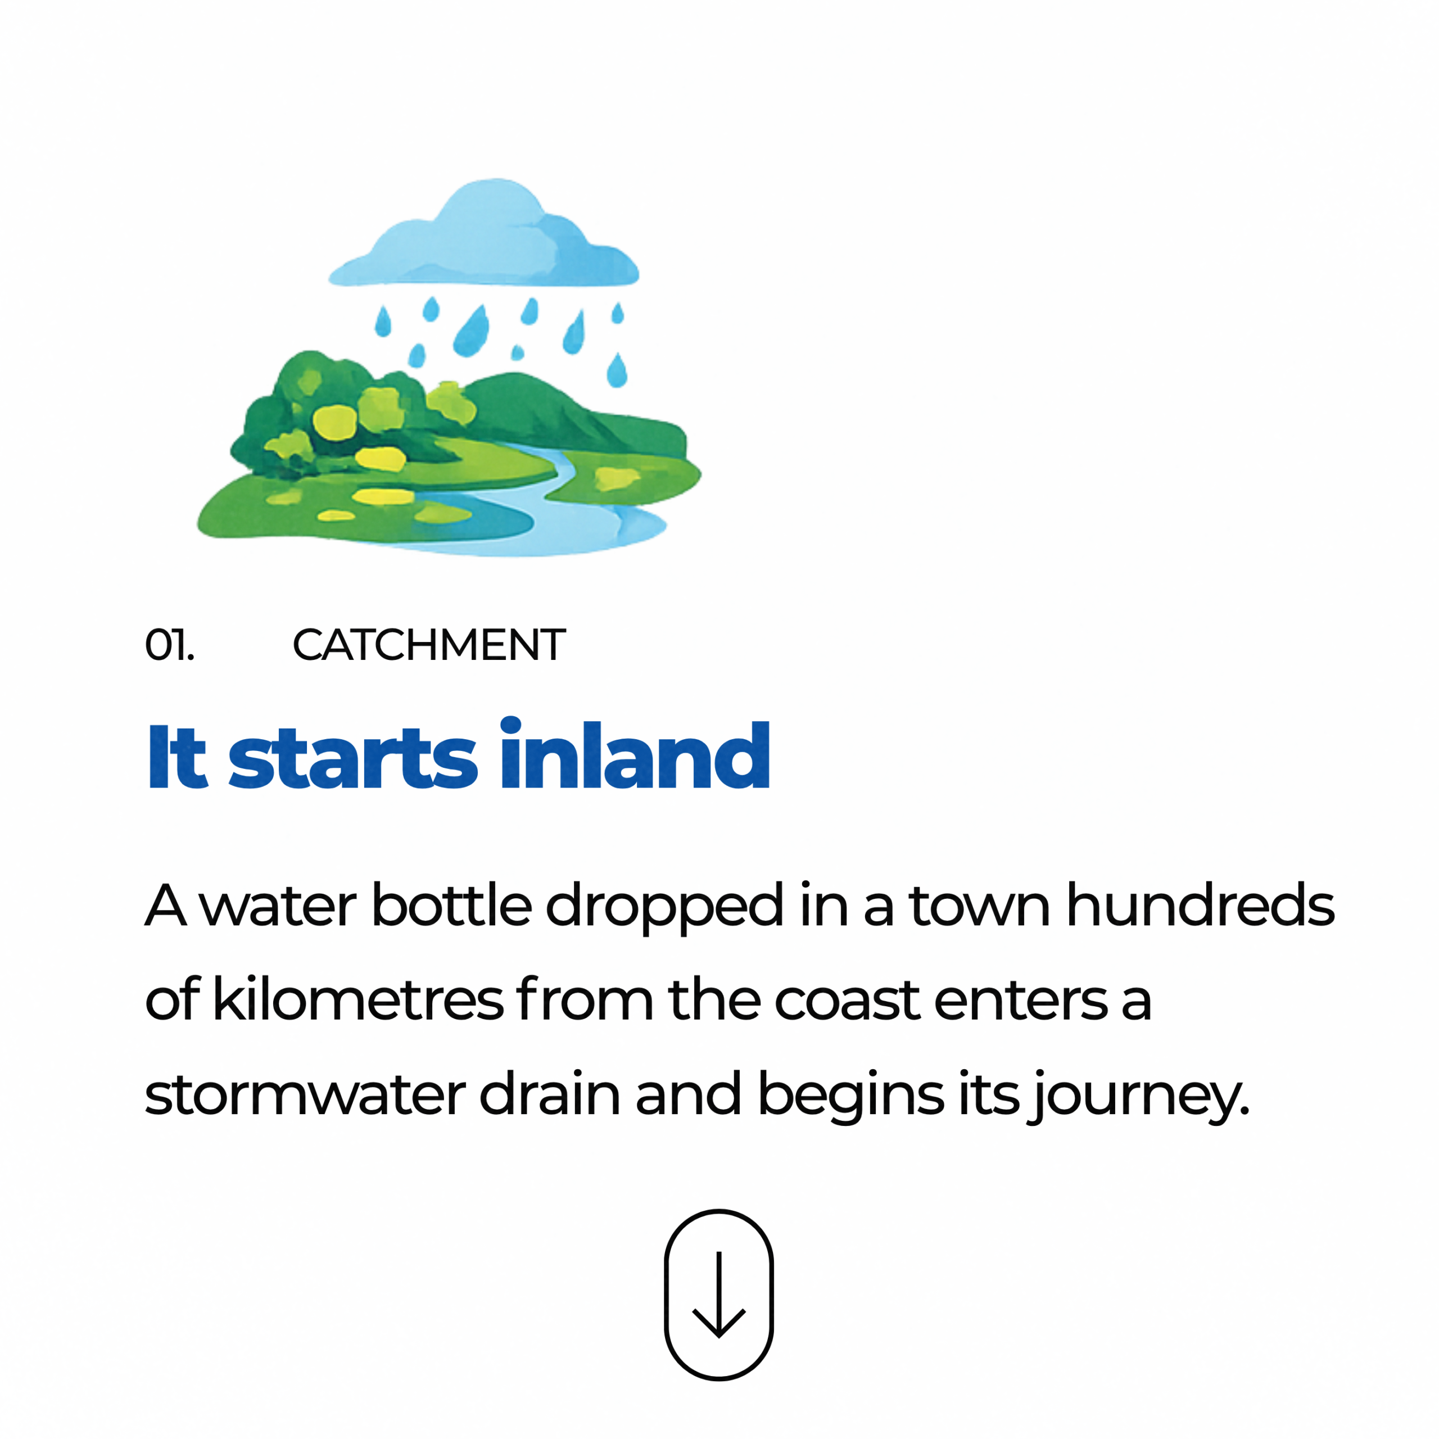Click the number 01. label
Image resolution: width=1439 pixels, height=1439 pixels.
coord(170,645)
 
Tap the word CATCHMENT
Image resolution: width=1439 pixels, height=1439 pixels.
coord(429,645)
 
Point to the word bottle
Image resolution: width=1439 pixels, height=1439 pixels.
coord(451,904)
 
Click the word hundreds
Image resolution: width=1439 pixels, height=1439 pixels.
coord(1201,904)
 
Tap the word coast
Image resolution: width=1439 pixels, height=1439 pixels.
coord(848,1001)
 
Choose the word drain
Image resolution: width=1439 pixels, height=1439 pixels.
coord(550,1093)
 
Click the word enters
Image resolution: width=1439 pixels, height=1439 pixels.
coord(1021,1001)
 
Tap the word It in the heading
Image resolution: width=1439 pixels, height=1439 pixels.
coord(177,755)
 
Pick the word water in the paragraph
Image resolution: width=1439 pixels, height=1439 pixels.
coord(278,907)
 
